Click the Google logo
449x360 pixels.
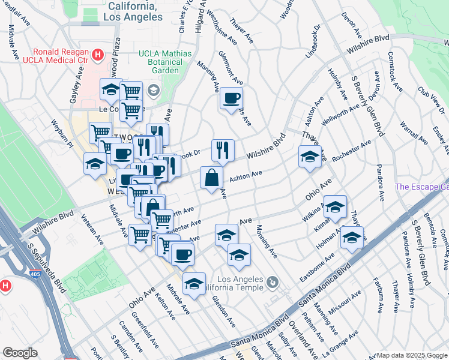point(20,352)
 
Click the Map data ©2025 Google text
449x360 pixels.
point(412,355)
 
